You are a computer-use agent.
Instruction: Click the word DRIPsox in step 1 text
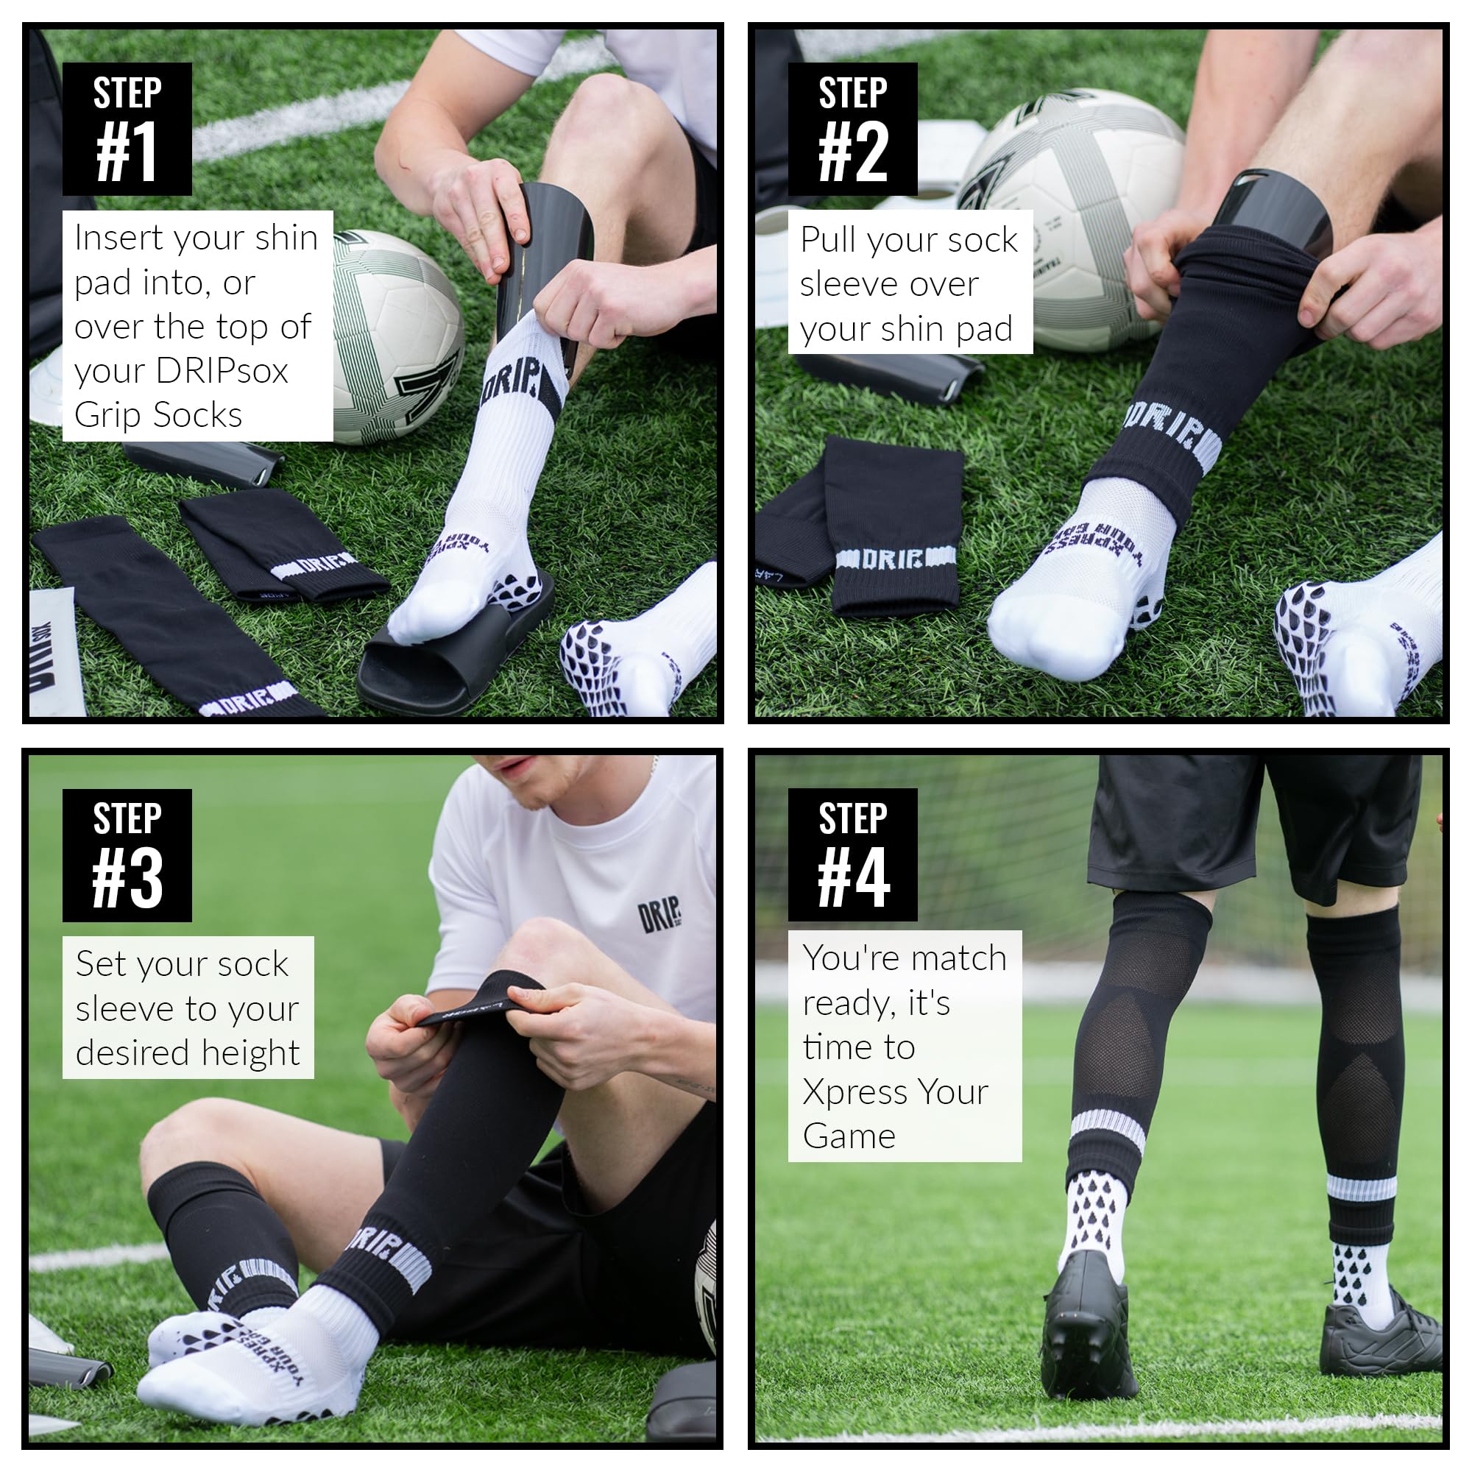(222, 371)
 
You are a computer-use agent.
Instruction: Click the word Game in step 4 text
(849, 1136)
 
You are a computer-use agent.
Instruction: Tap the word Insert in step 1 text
(118, 238)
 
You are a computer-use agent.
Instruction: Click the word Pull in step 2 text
(827, 240)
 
